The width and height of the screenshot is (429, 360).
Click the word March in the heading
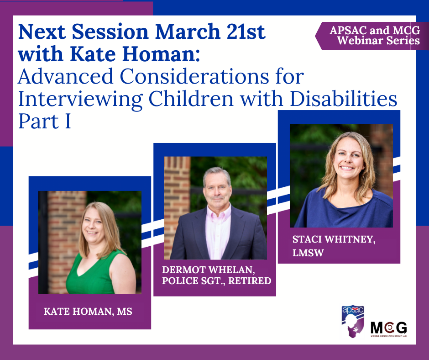click(x=188, y=32)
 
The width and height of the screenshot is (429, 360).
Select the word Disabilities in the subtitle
click(x=343, y=99)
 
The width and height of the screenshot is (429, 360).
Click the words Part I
click(x=45, y=121)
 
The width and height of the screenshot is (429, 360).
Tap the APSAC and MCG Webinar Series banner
click(x=372, y=36)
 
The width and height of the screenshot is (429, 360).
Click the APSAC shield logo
click(x=353, y=321)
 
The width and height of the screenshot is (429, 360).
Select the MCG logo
click(x=388, y=329)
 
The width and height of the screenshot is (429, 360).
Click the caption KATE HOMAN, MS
click(x=88, y=312)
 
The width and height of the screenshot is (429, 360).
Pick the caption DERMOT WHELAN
click(x=209, y=270)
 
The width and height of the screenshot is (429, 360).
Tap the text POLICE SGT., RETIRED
click(x=217, y=281)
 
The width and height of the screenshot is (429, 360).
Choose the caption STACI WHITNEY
click(x=334, y=240)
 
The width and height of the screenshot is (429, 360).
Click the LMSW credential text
click(x=308, y=253)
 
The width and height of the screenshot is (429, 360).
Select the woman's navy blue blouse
click(x=345, y=211)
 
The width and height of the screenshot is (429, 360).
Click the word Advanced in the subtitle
click(x=66, y=76)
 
